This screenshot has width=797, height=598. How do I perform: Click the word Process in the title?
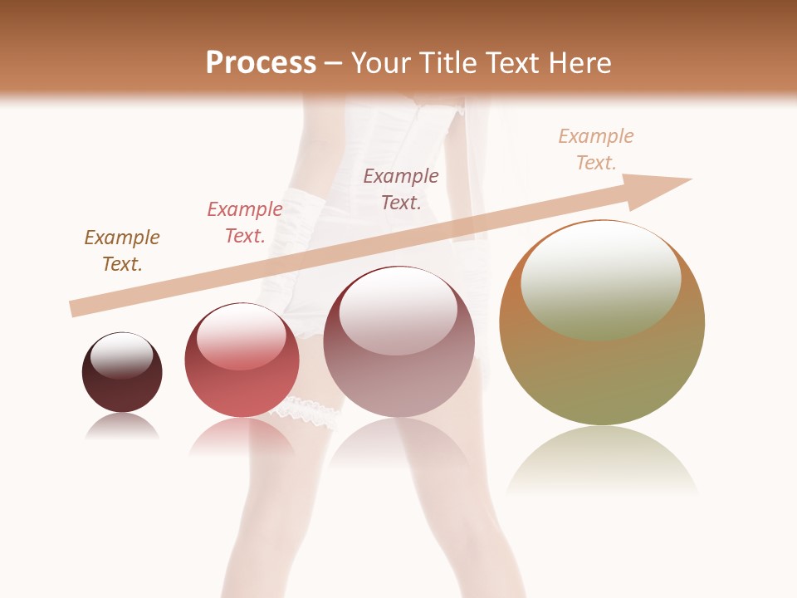tap(261, 63)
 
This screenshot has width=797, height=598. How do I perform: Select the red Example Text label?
tap(245, 223)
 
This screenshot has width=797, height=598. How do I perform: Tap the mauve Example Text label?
tap(401, 189)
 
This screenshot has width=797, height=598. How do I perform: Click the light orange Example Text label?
tap(596, 149)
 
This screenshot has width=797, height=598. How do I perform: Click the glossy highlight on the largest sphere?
tap(601, 278)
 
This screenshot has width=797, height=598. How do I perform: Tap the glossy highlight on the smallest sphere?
tap(122, 355)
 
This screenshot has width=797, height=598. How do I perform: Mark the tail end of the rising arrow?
tap(76, 308)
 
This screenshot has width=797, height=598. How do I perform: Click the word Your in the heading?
tap(379, 63)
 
